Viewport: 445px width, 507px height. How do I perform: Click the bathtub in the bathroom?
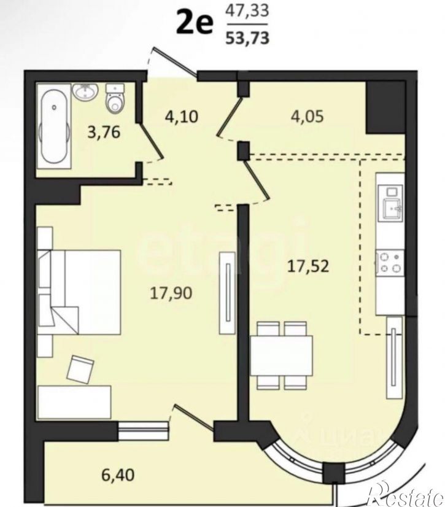coord(54,126)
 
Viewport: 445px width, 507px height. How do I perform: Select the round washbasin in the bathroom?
coord(85,91)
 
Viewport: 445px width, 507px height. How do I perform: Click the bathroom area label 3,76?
coord(104,132)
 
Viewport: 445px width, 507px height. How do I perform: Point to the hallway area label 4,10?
coord(181,117)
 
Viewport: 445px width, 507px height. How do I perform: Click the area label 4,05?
coord(308,116)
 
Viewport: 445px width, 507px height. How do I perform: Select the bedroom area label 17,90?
coord(171,293)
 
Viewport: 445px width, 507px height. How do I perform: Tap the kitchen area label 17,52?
coord(308,266)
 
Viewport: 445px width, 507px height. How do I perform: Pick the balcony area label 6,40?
coord(118,475)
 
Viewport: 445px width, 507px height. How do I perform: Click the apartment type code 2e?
coord(195,24)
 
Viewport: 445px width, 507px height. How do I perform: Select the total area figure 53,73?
coord(247,38)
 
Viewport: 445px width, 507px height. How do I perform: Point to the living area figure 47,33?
coord(247,10)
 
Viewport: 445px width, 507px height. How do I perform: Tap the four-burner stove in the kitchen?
coord(390,263)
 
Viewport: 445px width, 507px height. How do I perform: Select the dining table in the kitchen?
coord(281,355)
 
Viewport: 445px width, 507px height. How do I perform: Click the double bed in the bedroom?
coord(80,292)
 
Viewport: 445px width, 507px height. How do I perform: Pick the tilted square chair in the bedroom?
coord(80,370)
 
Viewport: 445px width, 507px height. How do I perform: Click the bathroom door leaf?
coord(152,141)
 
